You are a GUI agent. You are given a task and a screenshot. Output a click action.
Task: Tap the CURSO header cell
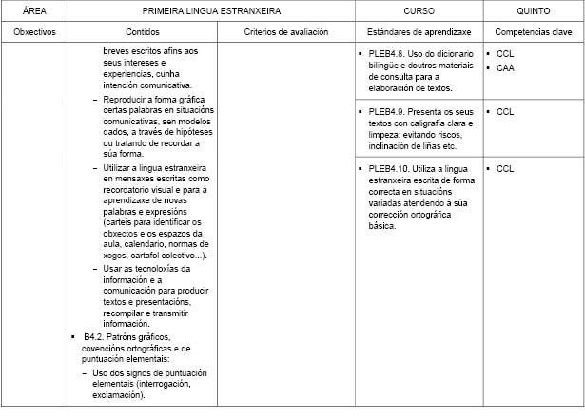419,10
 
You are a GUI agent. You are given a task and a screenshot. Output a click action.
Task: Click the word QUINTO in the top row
532,10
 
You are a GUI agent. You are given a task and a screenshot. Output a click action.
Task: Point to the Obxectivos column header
34,31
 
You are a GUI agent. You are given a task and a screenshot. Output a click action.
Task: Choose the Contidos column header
143,31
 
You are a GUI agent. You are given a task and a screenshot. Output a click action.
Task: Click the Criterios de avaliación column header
285,31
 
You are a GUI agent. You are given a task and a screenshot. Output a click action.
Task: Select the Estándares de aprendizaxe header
418,31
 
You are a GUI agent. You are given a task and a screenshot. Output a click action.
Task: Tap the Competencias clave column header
532,31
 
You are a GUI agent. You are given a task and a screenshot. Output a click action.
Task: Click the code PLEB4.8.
387,54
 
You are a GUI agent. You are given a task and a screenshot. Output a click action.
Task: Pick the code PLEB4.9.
387,111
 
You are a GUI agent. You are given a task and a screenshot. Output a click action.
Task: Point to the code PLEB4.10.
390,168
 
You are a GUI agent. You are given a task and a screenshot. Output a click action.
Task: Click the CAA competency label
505,68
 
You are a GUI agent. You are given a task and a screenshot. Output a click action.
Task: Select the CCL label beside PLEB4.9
505,111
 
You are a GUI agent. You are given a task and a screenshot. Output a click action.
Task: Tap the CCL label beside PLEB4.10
505,168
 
